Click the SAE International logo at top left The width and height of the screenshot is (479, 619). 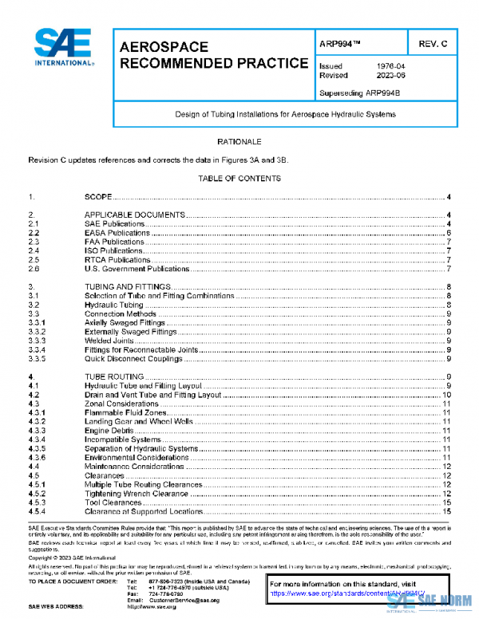(61, 49)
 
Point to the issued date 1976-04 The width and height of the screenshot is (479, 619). (390, 66)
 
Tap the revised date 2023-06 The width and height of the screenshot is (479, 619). (390, 76)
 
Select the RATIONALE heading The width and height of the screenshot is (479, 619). (239, 141)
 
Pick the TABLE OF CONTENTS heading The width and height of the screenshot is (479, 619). (239, 179)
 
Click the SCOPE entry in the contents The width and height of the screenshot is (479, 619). (98, 196)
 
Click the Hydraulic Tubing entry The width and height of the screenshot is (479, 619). (114, 305)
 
